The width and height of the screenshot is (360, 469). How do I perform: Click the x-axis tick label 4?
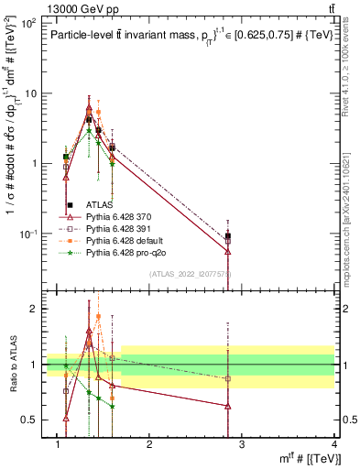pos(334,444)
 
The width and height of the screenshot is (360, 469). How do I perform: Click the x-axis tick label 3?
pos(242,444)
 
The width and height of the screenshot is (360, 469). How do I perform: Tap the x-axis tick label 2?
pos(149,444)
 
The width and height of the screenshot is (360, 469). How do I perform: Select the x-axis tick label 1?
pos(58,444)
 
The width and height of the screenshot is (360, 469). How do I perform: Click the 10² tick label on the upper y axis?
pos(27,22)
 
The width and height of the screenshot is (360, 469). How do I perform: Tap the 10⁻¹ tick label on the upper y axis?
pos(27,234)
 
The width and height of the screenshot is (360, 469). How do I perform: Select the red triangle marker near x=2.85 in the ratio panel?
pos(227,406)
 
